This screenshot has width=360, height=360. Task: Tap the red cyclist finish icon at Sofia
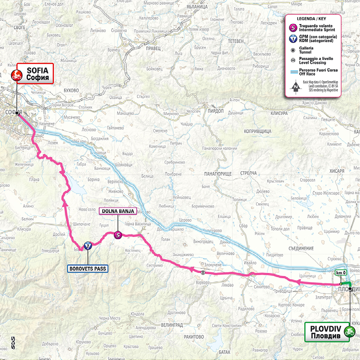tap(16, 76)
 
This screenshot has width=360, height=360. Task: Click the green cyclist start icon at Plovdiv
tap(349, 332)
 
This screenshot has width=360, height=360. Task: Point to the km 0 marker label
tap(341, 273)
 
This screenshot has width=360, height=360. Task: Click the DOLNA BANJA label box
tap(117, 211)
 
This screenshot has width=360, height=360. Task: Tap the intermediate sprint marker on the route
tap(118, 235)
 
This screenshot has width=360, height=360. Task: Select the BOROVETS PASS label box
tap(87, 268)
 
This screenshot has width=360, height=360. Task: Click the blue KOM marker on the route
tap(87, 245)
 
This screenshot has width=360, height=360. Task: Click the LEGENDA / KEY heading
tap(312, 19)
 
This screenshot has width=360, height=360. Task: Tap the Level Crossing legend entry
tap(311, 61)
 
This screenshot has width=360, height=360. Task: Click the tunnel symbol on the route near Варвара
tap(203, 272)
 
